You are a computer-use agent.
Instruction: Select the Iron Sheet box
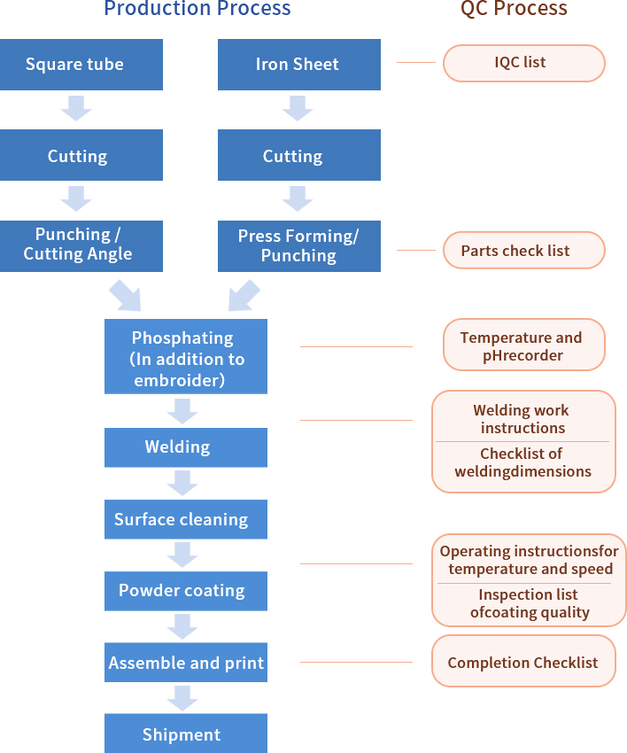pos(298,65)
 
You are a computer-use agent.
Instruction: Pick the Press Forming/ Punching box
pos(298,246)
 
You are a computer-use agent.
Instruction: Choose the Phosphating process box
pos(185,357)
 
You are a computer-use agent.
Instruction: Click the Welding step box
pos(185,447)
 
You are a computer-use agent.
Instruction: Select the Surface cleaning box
pos(185,520)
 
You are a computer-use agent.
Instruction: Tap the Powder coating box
pos(185,591)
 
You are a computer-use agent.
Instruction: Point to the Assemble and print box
pos(185,663)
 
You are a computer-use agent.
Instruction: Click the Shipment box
pos(185,734)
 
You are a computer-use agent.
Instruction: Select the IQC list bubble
pos(523,64)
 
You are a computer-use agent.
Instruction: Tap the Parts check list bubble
pos(523,251)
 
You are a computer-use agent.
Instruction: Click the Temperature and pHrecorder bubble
pos(523,346)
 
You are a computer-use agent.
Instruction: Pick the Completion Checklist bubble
pos(523,663)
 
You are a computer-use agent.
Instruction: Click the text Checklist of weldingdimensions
pos(523,463)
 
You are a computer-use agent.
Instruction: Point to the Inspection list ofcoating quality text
pos(529,603)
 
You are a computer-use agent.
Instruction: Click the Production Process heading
pos(197,10)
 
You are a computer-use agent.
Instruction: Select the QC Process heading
pos(514,10)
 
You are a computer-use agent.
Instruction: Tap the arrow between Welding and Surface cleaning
pos(182,483)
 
